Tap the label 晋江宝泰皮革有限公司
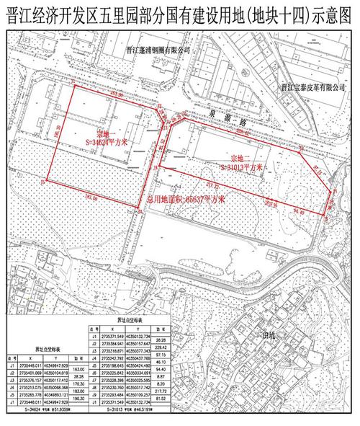click(x=315, y=86)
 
